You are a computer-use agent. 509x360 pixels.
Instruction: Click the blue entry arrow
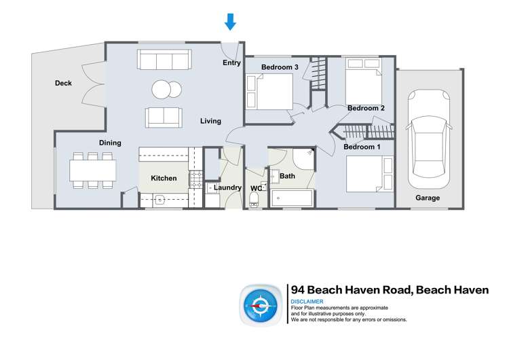pos(230,22)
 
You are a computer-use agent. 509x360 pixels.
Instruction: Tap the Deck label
pos(63,84)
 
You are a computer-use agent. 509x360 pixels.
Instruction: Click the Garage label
pos(428,198)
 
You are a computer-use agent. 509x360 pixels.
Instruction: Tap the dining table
pos(92,170)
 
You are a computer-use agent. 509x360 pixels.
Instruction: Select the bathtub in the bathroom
pos(292,199)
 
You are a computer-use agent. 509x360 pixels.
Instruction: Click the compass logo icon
pos(259,306)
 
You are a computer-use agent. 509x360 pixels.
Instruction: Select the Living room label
pos(210,121)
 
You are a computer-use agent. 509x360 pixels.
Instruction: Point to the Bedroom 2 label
pos(366,108)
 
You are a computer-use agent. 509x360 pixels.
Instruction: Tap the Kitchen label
pos(164,179)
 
